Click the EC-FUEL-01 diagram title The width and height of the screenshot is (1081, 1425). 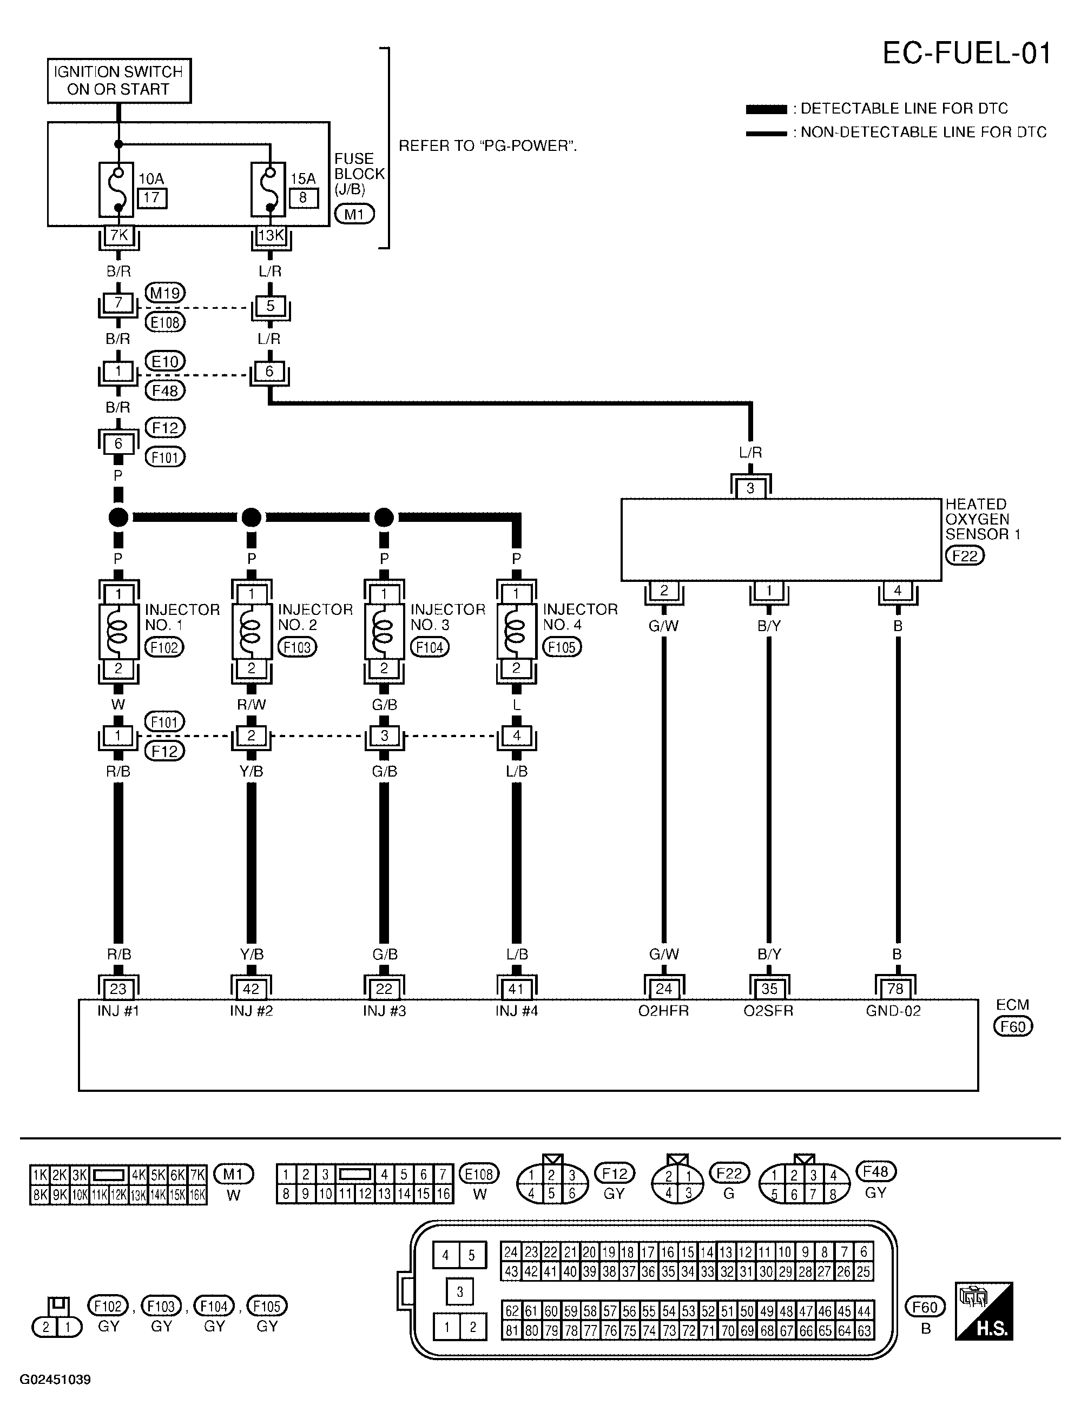pyautogui.click(x=966, y=54)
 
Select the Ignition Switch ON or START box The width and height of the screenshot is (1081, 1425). pyautogui.click(x=119, y=81)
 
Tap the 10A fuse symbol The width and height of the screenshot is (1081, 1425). pyautogui.click(x=117, y=189)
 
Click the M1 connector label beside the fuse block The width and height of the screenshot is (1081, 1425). pyautogui.click(x=354, y=214)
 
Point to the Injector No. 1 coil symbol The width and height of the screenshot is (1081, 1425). pyautogui.click(x=118, y=631)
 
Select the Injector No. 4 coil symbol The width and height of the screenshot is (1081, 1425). pyautogui.click(x=516, y=631)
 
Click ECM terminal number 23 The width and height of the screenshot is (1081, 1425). pyautogui.click(x=118, y=989)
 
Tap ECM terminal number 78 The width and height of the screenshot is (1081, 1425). pyautogui.click(x=895, y=989)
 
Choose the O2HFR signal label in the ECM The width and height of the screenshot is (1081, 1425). pyautogui.click(x=663, y=1011)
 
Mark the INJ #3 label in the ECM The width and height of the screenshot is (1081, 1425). pyautogui.click(x=384, y=1011)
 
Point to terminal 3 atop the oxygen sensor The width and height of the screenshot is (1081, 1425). pyautogui.click(x=750, y=488)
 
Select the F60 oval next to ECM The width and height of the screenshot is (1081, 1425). pyautogui.click(x=1013, y=1026)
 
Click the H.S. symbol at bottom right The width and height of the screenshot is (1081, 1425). pyautogui.click(x=984, y=1321)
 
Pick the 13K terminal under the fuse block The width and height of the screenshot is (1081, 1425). pyautogui.click(x=270, y=236)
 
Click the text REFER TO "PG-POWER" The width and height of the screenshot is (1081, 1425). pyautogui.click(x=487, y=145)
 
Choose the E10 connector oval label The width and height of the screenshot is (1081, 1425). pyautogui.click(x=165, y=361)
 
